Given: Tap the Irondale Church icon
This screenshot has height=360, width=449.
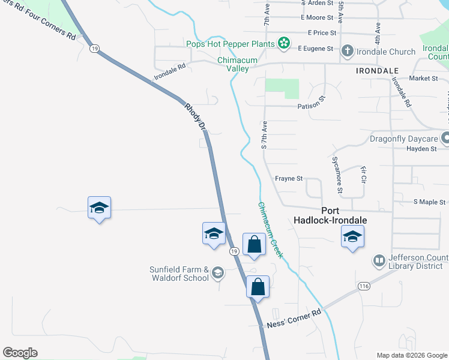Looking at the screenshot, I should coord(348,52).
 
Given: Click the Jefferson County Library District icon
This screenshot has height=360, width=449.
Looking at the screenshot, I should coord(379,260).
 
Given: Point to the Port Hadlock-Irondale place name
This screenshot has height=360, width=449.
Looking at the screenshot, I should coord(330,215).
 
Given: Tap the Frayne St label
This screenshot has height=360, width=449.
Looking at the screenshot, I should coord(289,178).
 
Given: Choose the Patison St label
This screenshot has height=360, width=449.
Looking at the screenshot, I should coord(311,106).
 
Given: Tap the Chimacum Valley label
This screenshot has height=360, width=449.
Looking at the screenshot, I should coord(233,64).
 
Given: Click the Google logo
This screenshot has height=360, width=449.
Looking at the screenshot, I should coord(20,353).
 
